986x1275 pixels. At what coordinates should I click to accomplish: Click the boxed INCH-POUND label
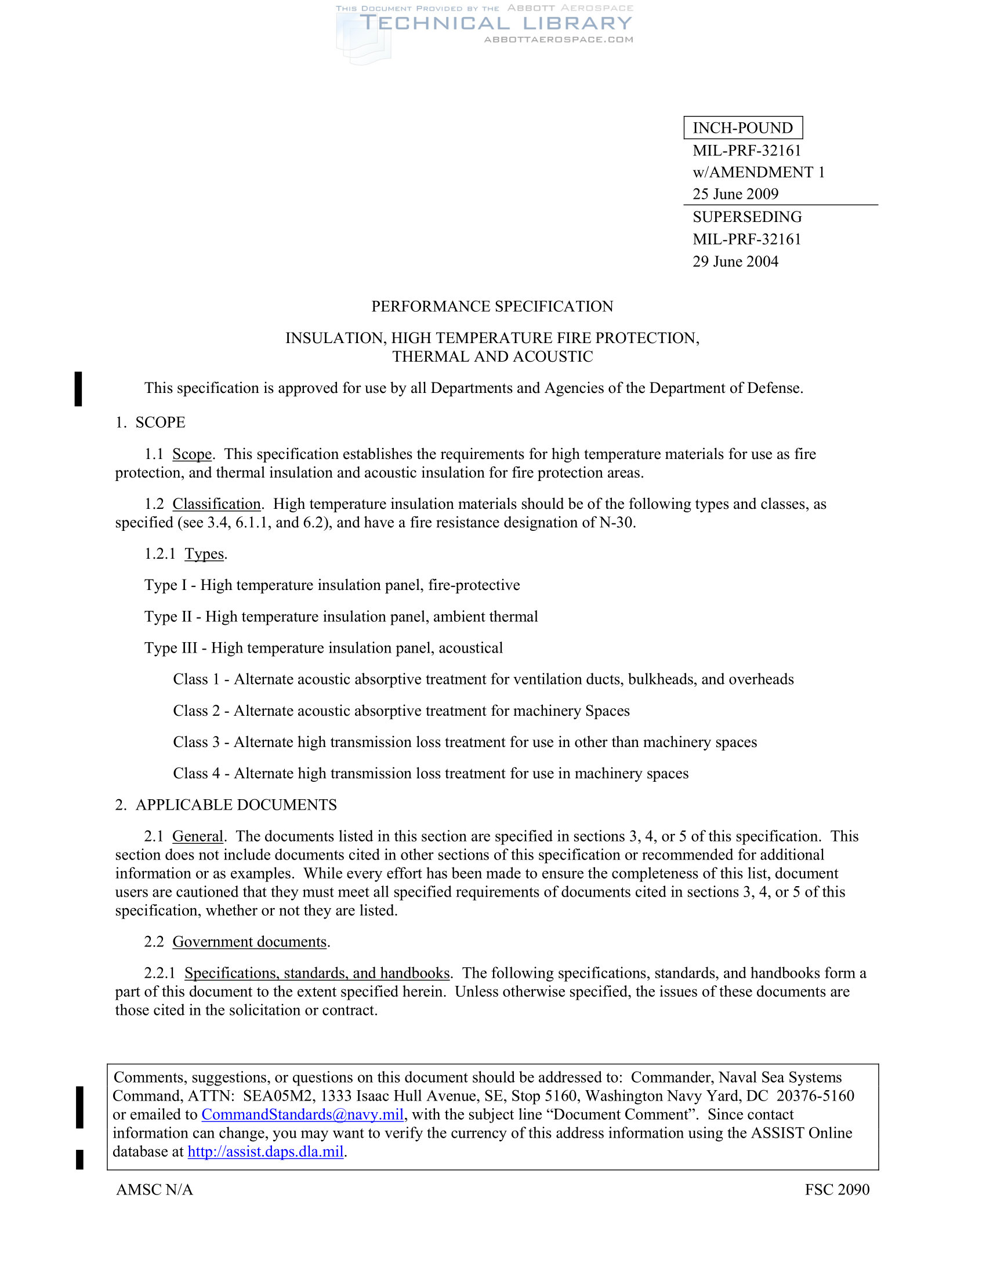(x=742, y=128)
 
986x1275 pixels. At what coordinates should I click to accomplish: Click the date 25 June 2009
(x=735, y=194)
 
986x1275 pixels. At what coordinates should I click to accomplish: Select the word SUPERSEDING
(x=746, y=217)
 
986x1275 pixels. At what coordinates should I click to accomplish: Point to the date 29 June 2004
(x=735, y=261)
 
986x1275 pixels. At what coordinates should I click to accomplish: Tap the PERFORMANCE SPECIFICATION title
(x=492, y=307)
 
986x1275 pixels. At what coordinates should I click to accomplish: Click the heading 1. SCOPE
(x=150, y=422)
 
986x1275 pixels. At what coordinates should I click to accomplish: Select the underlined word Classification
(x=216, y=504)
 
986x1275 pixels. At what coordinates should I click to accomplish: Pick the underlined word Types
(x=204, y=553)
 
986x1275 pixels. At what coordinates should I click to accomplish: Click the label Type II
(x=168, y=617)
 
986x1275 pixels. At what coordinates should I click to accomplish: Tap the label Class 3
(x=196, y=742)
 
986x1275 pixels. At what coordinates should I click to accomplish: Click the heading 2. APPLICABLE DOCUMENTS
(x=226, y=805)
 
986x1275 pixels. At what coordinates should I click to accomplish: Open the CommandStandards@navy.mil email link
(x=303, y=1114)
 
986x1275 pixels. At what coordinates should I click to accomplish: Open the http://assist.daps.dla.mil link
(x=265, y=1152)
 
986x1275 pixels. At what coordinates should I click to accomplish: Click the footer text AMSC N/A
(x=154, y=1190)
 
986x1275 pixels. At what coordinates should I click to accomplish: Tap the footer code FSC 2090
(x=836, y=1190)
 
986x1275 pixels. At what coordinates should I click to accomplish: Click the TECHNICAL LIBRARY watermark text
(x=495, y=23)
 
